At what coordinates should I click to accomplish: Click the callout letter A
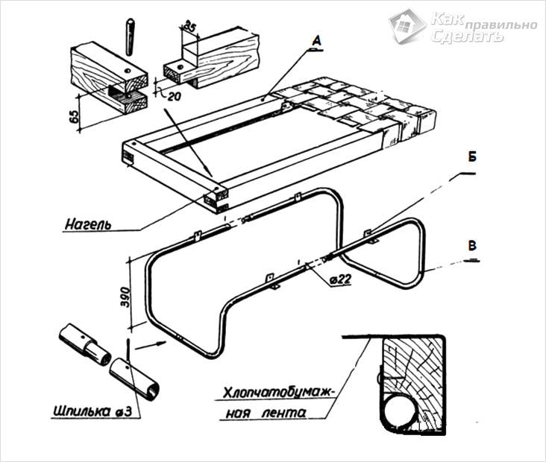click(316, 42)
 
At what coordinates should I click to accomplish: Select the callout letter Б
click(472, 157)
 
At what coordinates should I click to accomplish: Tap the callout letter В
click(472, 246)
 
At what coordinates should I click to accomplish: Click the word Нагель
click(89, 224)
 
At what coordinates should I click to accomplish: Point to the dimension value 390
click(125, 297)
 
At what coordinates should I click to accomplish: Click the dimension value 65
click(74, 117)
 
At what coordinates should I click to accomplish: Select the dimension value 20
click(174, 96)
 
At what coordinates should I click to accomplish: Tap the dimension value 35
click(189, 25)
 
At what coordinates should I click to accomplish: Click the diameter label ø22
click(341, 279)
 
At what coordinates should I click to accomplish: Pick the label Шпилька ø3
click(92, 411)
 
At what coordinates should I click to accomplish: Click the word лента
click(283, 413)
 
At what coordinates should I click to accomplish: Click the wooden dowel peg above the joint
click(130, 37)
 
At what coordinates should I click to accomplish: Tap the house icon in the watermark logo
click(407, 25)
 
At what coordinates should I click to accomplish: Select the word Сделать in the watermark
click(467, 35)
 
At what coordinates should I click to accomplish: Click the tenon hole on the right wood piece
click(180, 67)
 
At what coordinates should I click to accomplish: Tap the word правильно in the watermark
click(501, 25)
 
